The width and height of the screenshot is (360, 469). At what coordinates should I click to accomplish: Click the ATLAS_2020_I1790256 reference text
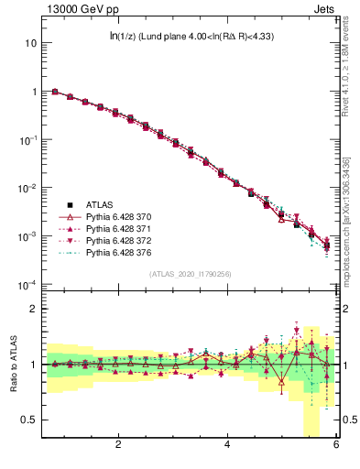190,274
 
